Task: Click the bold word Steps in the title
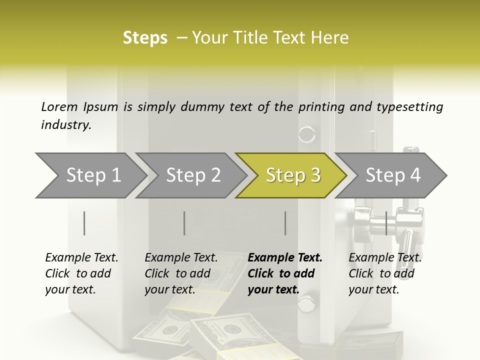[x=145, y=38]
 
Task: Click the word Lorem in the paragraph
[x=59, y=106]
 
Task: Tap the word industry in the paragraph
[x=66, y=125]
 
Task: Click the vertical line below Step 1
[x=84, y=223]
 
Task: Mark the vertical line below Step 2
[x=184, y=223]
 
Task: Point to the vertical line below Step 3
[x=285, y=223]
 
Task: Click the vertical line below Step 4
[x=386, y=223]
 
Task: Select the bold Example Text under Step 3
[x=285, y=273]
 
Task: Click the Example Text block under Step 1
[x=81, y=273]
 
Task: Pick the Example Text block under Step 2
[x=181, y=273]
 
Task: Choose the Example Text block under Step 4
[x=385, y=273]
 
